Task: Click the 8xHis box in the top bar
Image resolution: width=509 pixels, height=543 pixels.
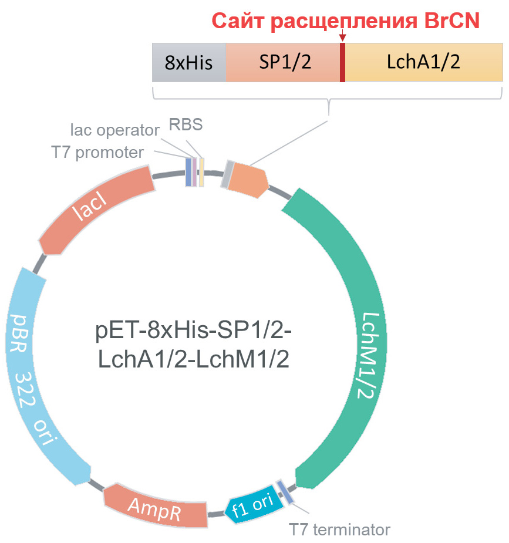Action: (x=189, y=62)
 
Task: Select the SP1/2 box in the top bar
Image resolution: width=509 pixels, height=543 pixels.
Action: (x=282, y=62)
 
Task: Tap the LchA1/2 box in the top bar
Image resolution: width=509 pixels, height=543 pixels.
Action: (x=423, y=62)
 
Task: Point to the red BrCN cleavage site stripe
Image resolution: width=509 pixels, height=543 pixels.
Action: (x=342, y=62)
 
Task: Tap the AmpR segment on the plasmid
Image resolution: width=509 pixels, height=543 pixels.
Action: (x=156, y=505)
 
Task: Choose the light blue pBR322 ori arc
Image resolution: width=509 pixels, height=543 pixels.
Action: (x=41, y=376)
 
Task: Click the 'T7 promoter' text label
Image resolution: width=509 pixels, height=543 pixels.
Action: (x=97, y=153)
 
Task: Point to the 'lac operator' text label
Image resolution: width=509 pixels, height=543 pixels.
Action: (x=114, y=129)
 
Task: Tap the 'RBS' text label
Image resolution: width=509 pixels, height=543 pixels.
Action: (x=186, y=124)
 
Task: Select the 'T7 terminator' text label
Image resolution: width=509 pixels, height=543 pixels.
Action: (x=339, y=529)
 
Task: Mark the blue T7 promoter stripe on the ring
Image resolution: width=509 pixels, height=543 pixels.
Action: (x=188, y=171)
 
